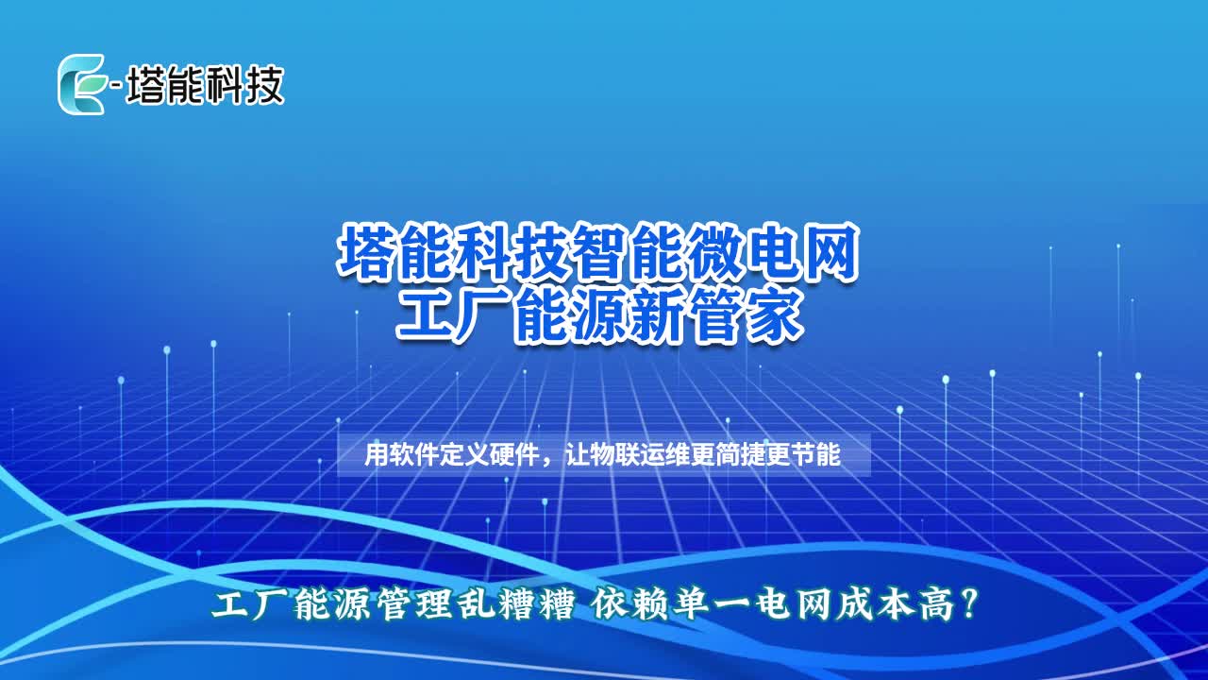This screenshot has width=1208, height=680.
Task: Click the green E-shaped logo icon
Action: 82,84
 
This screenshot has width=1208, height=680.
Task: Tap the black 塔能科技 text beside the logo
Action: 205,85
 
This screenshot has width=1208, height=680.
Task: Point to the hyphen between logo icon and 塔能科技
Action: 116,85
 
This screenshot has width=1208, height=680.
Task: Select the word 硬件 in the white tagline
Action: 512,455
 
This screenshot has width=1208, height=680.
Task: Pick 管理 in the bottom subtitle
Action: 414,605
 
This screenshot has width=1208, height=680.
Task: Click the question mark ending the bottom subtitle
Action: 968,605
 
